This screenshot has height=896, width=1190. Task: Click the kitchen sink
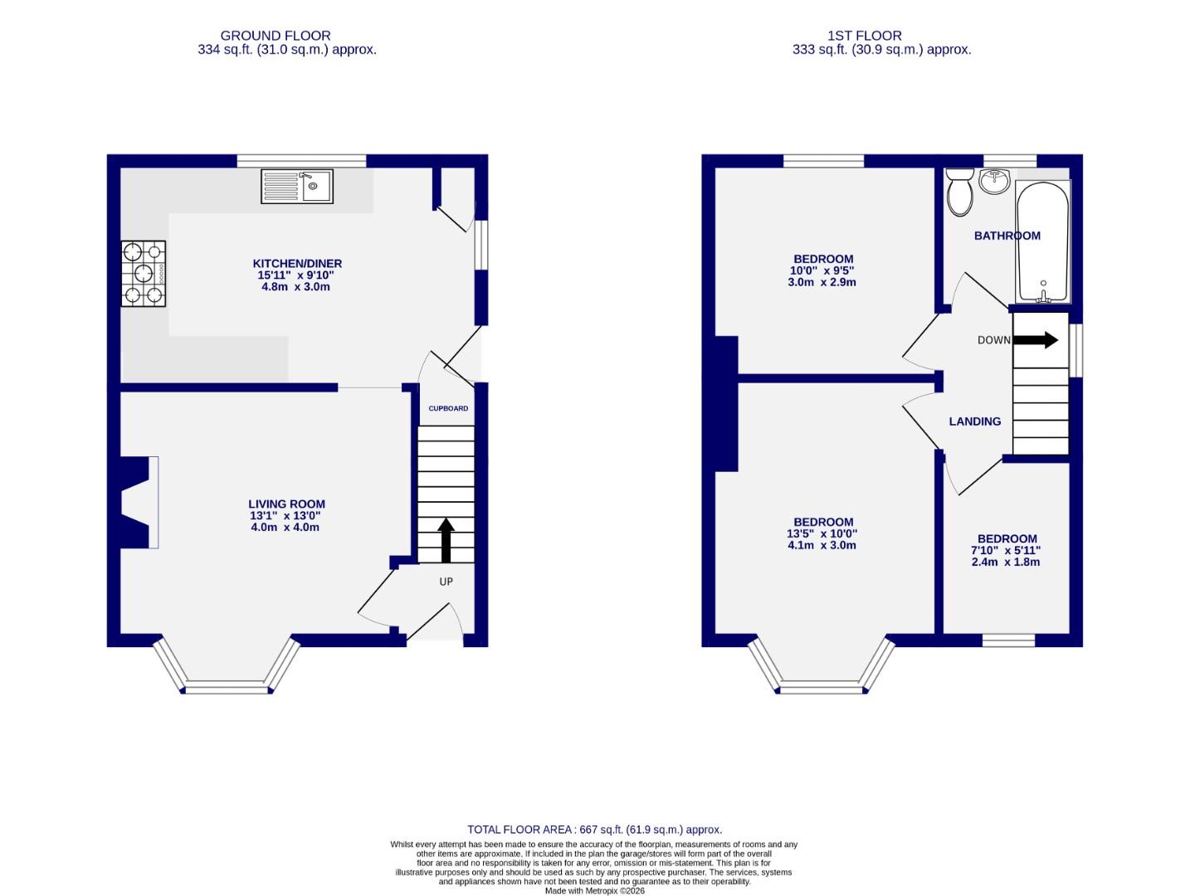point(297,187)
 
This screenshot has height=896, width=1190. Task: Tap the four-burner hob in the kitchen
point(144,274)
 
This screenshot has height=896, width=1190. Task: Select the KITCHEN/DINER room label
point(300,264)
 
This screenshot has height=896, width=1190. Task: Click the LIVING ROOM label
point(286,504)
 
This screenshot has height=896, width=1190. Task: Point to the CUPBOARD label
point(448,409)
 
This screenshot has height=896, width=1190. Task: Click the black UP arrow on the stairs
point(446,540)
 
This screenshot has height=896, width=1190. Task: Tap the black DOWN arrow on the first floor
point(1036,339)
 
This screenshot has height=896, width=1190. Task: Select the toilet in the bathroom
point(960,192)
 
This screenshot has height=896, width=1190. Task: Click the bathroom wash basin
point(994,181)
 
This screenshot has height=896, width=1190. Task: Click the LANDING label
point(975,421)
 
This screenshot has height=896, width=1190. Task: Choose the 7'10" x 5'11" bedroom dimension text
point(1005,550)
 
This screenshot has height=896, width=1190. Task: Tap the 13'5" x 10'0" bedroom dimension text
point(822,534)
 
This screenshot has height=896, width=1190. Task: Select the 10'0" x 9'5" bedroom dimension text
point(822,270)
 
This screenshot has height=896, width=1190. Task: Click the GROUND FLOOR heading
point(276,36)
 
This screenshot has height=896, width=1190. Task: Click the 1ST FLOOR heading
point(864,36)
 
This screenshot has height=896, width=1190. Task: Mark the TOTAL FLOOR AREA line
point(594,830)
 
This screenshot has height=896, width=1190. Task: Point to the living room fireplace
point(137,502)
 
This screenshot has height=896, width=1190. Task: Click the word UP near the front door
point(446,582)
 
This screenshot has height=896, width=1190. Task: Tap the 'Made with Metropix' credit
point(594,891)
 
